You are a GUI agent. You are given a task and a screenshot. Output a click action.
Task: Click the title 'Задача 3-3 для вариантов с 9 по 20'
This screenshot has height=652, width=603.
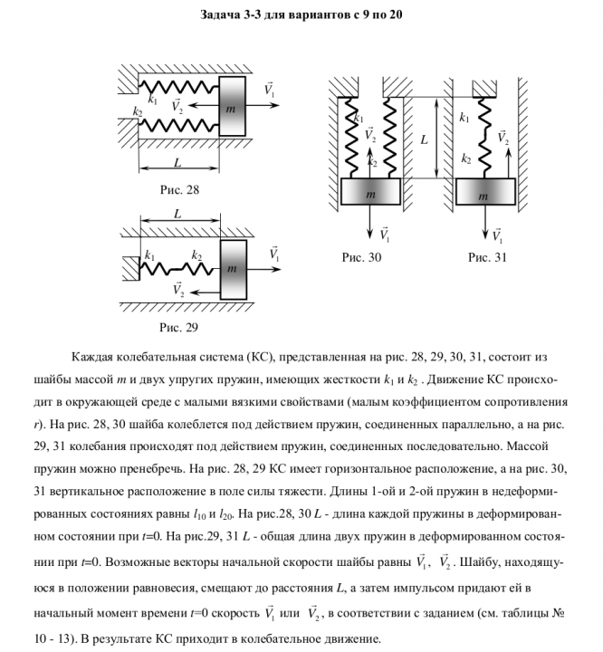(x=301, y=15)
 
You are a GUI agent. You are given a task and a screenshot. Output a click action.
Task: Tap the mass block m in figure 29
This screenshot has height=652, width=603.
(x=233, y=268)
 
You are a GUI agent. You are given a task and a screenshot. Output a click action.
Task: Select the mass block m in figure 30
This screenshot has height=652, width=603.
(x=371, y=193)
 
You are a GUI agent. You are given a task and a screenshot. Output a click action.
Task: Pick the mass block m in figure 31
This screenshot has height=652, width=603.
(x=484, y=193)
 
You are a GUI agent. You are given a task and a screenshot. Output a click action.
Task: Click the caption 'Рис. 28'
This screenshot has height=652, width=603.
(x=178, y=190)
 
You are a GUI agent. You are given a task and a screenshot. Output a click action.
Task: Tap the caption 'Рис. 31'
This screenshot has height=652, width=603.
(x=488, y=257)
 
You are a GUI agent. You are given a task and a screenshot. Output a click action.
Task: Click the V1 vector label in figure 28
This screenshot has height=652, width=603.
(x=270, y=89)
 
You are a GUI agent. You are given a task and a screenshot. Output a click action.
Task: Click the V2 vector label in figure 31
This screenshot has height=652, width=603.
(x=503, y=138)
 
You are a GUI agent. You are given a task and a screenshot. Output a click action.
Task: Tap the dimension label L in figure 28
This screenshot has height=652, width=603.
(x=177, y=162)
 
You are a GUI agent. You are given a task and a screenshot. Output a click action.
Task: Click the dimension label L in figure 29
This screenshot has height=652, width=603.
(x=177, y=215)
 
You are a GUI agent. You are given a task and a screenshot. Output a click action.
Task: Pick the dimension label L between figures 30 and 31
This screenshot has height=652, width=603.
(x=424, y=139)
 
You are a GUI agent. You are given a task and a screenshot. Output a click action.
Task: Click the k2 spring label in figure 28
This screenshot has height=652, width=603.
(x=138, y=111)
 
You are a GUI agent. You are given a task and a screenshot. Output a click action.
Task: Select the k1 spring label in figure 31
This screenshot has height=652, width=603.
(x=464, y=117)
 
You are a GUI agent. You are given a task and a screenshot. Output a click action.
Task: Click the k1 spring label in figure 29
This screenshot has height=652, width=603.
(x=149, y=255)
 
